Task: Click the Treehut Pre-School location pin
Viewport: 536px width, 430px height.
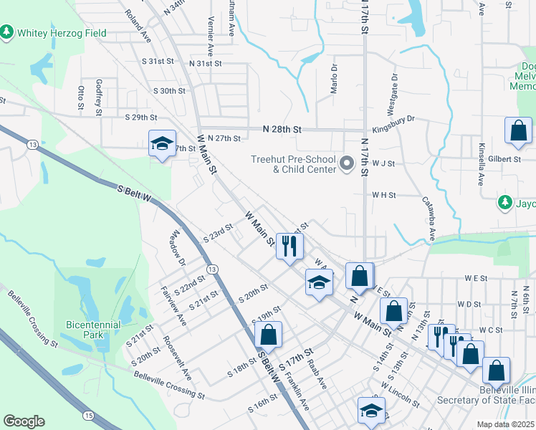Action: pos(347,165)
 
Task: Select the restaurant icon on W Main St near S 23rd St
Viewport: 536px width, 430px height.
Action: pos(289,247)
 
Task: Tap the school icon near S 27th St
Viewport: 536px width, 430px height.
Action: pos(162,144)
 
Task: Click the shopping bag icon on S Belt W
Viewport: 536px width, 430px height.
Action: pos(268,335)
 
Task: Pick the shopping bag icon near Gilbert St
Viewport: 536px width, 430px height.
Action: pos(518,131)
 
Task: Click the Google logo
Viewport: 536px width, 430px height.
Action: pos(24,421)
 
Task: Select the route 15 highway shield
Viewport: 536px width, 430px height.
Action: pos(88,415)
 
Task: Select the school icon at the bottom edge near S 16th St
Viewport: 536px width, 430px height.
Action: pos(370,411)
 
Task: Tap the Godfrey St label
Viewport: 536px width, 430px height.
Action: pos(99,93)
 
